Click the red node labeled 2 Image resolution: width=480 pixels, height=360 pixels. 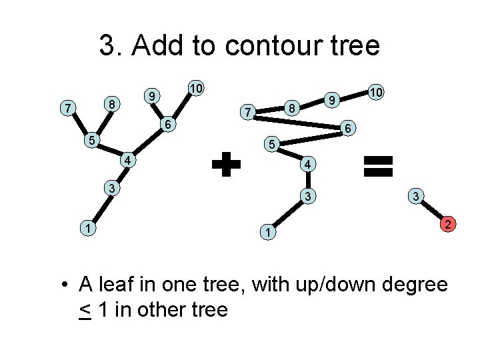449,225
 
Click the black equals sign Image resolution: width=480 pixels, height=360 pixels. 378,165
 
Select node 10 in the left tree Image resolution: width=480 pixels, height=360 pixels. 195,88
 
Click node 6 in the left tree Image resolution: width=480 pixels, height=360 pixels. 169,125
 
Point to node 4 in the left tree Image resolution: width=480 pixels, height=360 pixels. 127,161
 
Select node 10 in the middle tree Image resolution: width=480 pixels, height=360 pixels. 376,93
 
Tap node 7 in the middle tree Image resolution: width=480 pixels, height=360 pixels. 247,113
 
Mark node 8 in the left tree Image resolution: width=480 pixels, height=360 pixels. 113,104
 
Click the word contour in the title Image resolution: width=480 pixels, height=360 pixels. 272,46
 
